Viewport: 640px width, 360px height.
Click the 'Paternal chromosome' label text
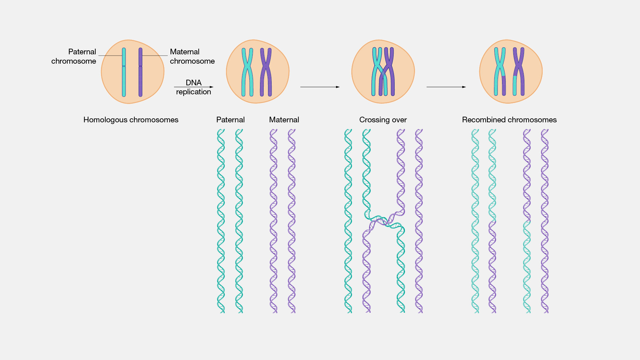pos(74,56)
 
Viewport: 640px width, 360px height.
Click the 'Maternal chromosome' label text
pos(192,56)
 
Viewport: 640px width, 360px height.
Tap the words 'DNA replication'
pos(193,87)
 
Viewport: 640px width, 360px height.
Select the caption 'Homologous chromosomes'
pos(131,120)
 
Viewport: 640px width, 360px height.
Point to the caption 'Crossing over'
pos(383,120)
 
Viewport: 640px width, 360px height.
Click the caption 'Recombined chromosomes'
pos(509,120)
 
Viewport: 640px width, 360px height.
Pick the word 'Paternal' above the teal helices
pos(230,120)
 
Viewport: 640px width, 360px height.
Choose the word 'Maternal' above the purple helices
pos(284,120)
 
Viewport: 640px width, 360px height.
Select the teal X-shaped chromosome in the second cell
pos(247,71)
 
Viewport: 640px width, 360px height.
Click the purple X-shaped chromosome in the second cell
pos(266,71)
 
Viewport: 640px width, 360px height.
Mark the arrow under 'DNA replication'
pos(193,87)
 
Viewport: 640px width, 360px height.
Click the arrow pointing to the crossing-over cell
pos(320,87)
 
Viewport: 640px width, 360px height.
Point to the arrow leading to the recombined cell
pos(446,87)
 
